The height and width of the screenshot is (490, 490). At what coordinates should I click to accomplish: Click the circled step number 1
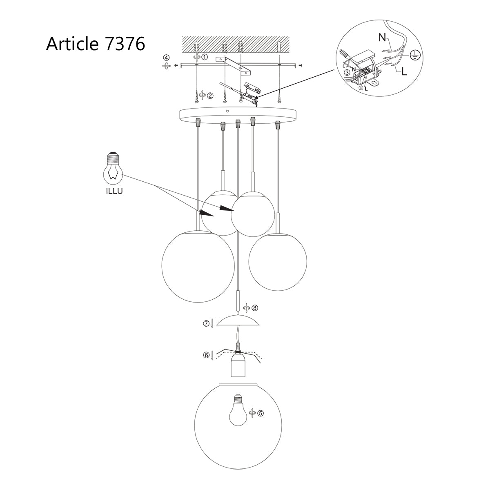coord(205,57)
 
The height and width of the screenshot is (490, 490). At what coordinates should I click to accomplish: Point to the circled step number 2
coord(210,96)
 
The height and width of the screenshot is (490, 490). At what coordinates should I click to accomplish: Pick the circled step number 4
coord(165,58)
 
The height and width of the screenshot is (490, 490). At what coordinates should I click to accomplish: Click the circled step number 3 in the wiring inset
coord(346,72)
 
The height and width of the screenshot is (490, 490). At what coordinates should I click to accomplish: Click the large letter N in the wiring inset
coord(382,38)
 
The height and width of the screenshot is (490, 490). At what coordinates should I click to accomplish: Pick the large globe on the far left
coord(198,267)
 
